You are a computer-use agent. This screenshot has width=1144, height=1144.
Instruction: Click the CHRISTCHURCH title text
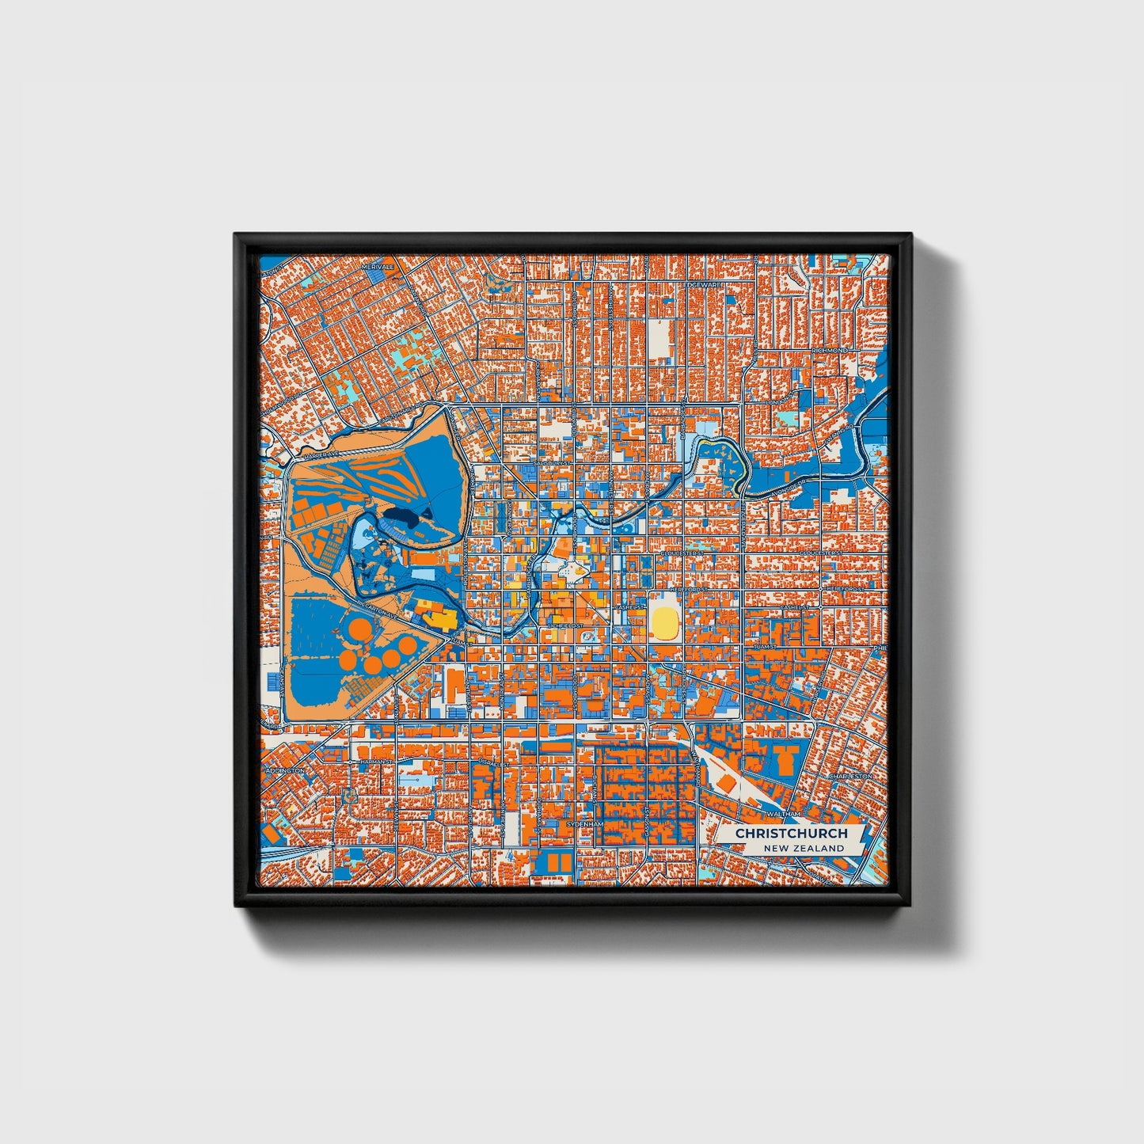point(791,834)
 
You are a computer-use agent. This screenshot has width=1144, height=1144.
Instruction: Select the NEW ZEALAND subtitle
point(804,848)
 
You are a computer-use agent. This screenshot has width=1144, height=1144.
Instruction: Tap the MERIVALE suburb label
point(378,268)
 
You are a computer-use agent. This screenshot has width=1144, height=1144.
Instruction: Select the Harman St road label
point(377,762)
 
